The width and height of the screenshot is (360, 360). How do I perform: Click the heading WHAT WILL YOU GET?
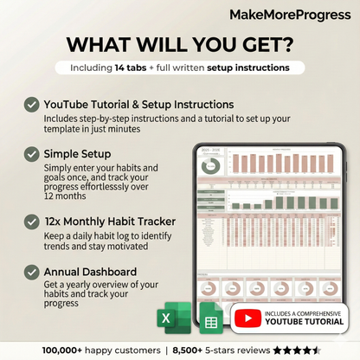pos(179,44)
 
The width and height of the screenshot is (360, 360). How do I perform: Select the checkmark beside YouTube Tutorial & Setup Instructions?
pos(32,105)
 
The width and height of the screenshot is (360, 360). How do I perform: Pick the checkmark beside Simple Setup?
pos(32,153)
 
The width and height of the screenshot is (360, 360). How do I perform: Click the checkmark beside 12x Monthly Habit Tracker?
pos(32,222)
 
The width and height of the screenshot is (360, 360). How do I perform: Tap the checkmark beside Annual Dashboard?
pos(32,272)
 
